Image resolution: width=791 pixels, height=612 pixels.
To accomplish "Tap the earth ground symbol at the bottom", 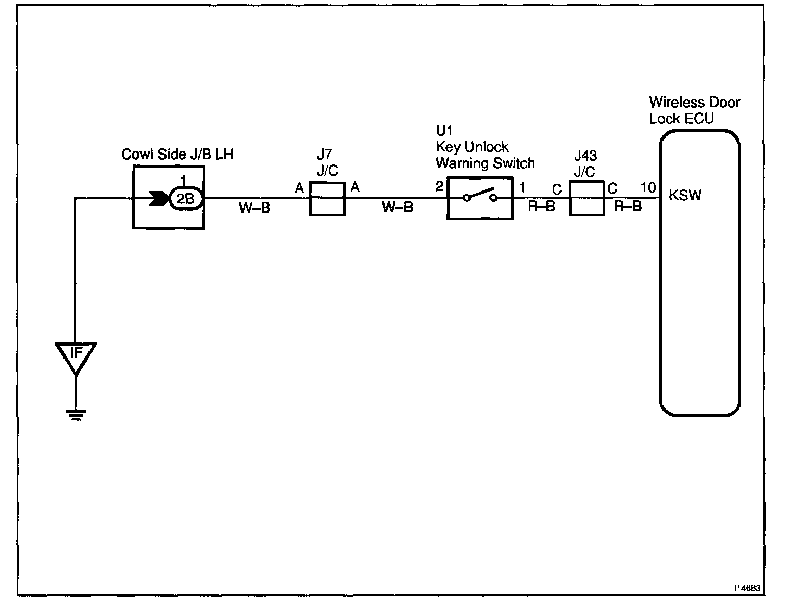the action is pyautogui.click(x=75, y=415).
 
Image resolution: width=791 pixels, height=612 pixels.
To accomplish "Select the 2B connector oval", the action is pyautogui.click(x=186, y=198).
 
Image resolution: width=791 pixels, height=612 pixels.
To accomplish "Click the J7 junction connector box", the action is pyautogui.click(x=327, y=199).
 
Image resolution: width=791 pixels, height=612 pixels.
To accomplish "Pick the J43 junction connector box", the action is pyautogui.click(x=587, y=198).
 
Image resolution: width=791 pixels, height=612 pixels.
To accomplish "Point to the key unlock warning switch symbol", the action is pyautogui.click(x=480, y=198).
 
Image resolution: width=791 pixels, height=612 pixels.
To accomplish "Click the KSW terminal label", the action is pyautogui.click(x=685, y=195).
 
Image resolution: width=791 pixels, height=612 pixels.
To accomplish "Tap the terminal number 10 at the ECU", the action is pyautogui.click(x=648, y=187).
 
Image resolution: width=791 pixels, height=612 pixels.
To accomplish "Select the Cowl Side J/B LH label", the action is pyautogui.click(x=177, y=154).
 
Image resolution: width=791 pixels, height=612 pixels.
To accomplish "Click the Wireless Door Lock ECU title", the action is pyautogui.click(x=695, y=110).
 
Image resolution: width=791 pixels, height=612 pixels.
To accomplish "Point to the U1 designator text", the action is pyautogui.click(x=444, y=130).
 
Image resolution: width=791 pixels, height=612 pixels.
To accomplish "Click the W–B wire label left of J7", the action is pyautogui.click(x=254, y=208).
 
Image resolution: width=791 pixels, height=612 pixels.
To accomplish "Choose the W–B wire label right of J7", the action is pyautogui.click(x=397, y=207).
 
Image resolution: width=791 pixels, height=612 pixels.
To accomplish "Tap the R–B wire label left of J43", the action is pyautogui.click(x=542, y=206).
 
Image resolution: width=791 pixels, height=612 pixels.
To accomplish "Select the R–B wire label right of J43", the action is pyautogui.click(x=628, y=206).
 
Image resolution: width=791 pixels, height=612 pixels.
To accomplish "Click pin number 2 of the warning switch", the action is pyautogui.click(x=439, y=186).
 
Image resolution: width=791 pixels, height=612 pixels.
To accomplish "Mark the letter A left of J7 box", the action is pyautogui.click(x=299, y=188).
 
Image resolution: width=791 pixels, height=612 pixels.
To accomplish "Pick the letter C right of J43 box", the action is pyautogui.click(x=613, y=188).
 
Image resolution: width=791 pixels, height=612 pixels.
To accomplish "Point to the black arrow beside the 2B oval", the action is pyautogui.click(x=159, y=198).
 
